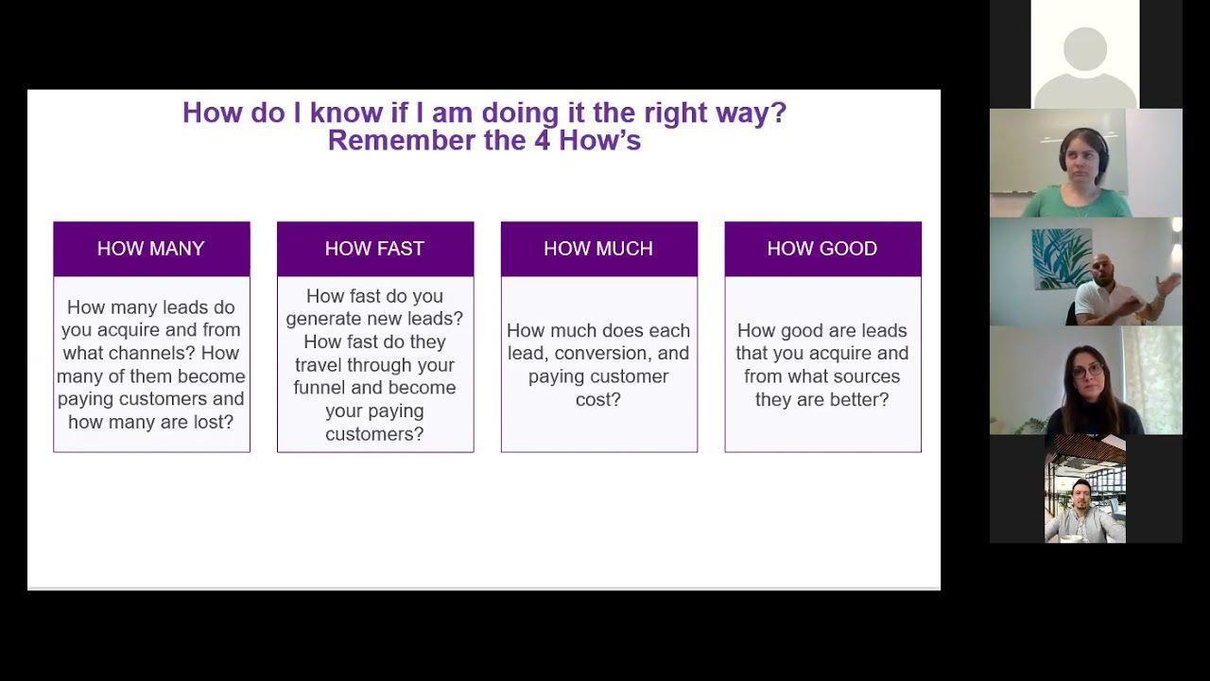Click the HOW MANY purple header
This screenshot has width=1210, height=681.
click(151, 249)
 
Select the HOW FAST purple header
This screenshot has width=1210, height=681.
click(375, 249)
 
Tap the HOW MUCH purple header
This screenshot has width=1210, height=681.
click(599, 249)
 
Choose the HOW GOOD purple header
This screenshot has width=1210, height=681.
click(822, 249)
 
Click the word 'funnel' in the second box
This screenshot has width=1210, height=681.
click(320, 388)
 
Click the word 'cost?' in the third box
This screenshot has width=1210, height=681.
click(598, 400)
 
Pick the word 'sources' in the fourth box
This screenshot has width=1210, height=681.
click(869, 376)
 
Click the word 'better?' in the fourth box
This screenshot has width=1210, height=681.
click(857, 400)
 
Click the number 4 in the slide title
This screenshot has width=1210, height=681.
click(543, 141)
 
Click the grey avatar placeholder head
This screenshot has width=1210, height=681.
click(1085, 48)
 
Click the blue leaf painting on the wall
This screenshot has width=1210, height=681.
click(1061, 258)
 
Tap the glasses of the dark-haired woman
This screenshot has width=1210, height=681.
click(1087, 372)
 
